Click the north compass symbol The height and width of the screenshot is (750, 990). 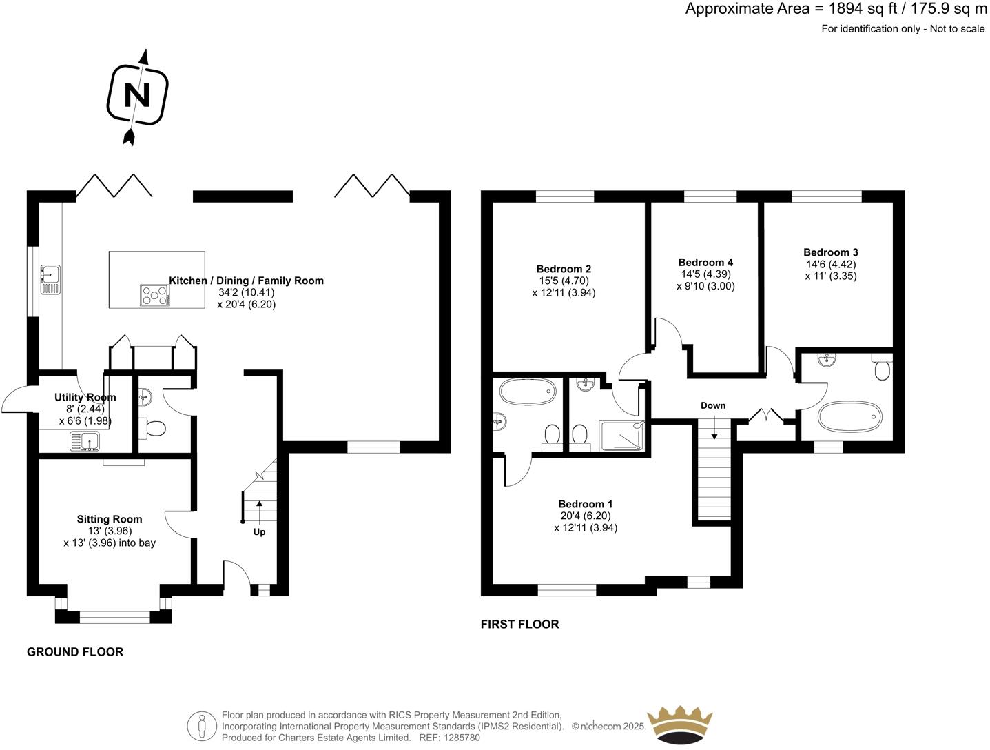137,95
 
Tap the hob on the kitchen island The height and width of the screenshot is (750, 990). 155,295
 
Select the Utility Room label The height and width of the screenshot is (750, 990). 85,397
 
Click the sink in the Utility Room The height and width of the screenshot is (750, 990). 85,441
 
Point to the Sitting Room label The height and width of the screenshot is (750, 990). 110,519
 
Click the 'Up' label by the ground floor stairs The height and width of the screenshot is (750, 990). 259,531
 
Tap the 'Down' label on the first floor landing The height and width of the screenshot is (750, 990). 713,405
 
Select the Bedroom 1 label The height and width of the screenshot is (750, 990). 586,504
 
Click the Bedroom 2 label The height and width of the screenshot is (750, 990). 564,269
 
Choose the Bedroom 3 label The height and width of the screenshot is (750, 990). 831,252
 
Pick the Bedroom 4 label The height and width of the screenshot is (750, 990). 705,262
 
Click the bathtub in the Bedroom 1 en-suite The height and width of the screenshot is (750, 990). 527,392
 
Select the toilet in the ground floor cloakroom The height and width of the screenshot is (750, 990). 154,429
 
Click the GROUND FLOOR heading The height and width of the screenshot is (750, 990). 75,651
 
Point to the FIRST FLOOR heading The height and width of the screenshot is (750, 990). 519,624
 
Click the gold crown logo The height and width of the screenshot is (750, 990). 679,724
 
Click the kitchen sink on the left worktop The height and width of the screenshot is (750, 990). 50,278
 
